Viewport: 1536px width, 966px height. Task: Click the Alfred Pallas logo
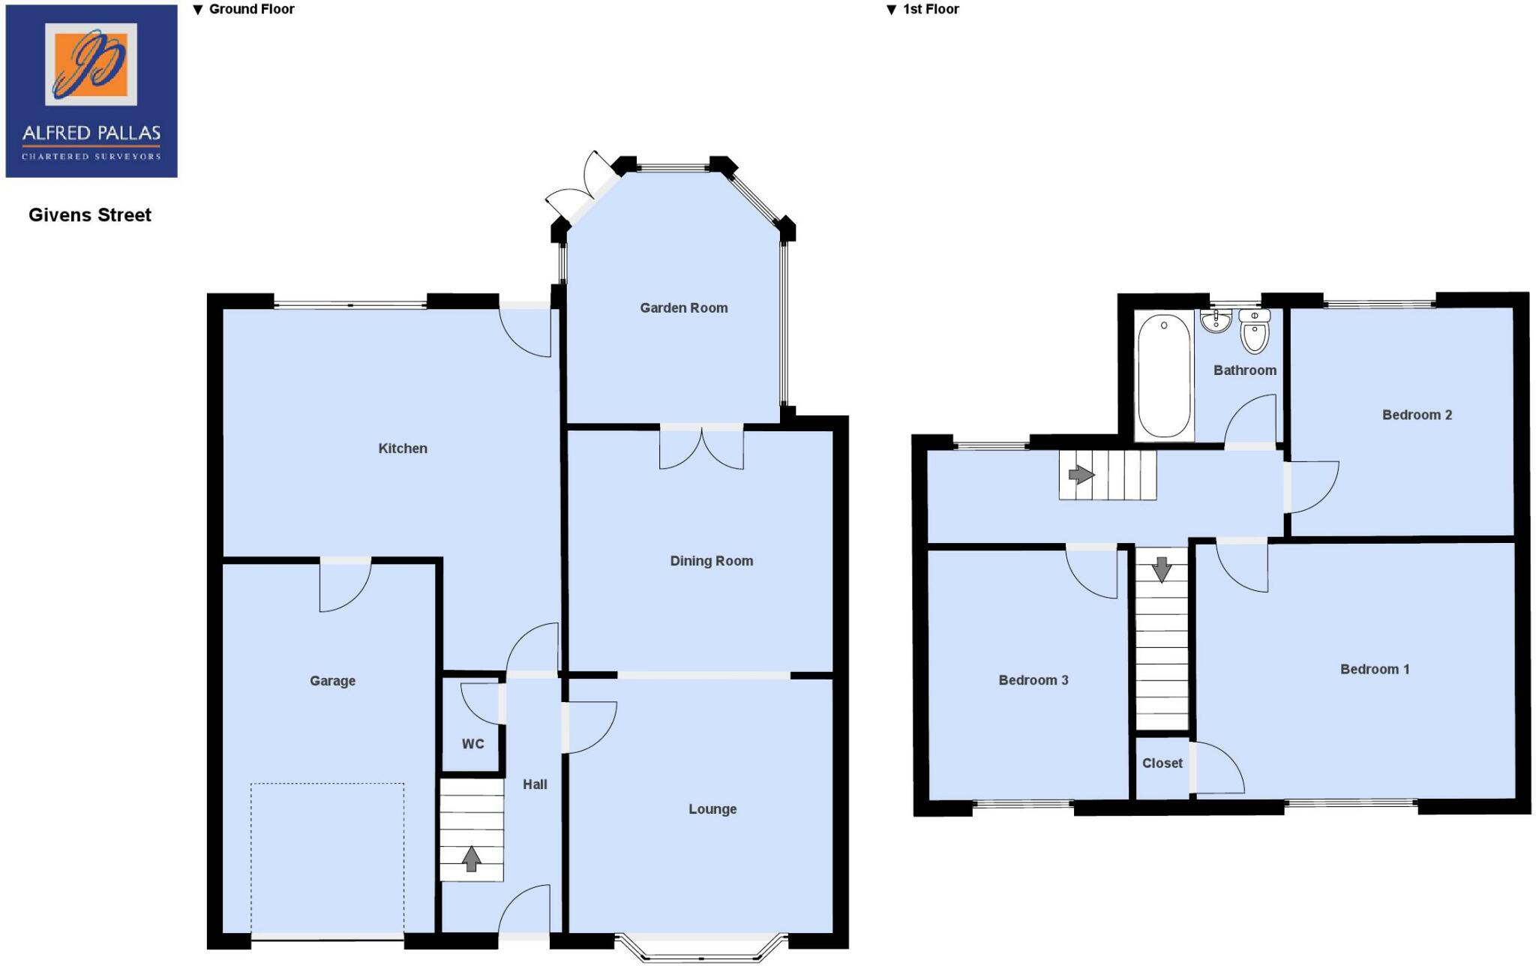(91, 91)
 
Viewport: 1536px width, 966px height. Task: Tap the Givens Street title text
(90, 215)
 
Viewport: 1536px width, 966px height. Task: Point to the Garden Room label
(683, 307)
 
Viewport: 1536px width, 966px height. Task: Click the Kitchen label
(403, 448)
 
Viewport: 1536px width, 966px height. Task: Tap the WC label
(472, 744)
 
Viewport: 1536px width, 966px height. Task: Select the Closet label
(1162, 763)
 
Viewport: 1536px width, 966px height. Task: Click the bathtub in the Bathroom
(1164, 375)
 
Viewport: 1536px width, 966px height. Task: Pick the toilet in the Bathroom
(1255, 331)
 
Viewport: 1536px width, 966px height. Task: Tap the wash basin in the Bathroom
(1215, 321)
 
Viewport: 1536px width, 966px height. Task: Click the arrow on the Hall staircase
(471, 859)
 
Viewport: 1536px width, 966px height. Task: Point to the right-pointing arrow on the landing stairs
(1081, 475)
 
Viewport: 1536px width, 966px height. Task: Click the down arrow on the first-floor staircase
(1162, 569)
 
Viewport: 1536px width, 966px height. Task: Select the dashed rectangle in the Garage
(327, 859)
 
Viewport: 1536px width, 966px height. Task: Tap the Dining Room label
(711, 561)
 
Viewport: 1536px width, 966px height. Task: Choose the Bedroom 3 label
(1033, 680)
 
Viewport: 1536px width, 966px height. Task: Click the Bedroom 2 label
(1417, 415)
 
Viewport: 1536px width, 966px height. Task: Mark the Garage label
(332, 681)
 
